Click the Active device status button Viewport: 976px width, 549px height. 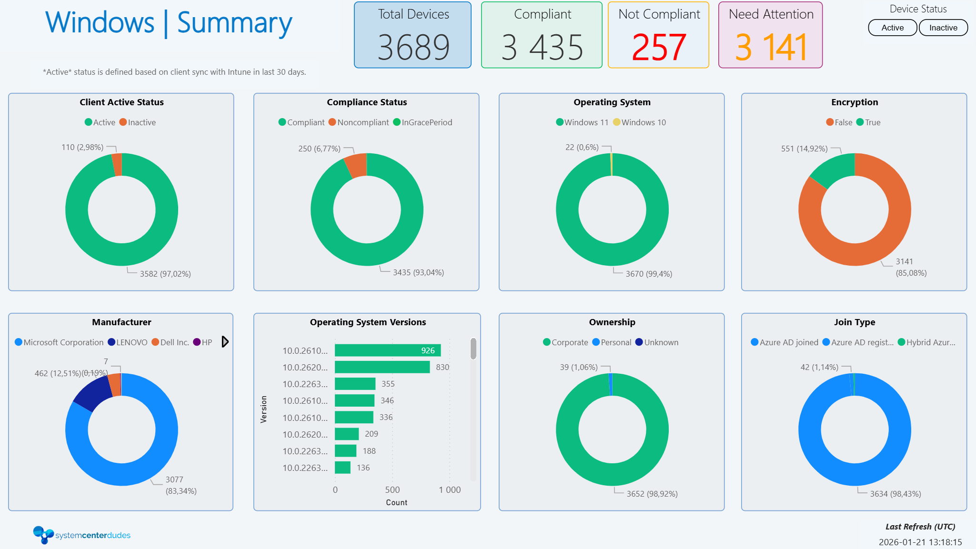892,28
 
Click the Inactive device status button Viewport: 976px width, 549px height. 943,28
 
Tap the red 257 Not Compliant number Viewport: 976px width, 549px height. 659,47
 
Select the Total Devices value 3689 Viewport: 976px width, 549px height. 413,47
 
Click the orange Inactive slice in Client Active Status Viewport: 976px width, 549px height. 117,165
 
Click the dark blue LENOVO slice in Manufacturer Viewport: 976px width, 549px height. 92,393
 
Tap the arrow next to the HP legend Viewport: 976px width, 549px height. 225,342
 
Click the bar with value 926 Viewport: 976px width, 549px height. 387,350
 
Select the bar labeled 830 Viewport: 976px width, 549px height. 382,367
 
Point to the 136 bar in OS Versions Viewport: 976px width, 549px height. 342,468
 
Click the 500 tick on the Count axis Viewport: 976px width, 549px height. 392,490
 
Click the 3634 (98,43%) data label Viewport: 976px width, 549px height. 895,494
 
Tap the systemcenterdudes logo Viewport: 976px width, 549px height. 81,535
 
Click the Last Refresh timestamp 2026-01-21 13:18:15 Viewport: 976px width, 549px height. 920,542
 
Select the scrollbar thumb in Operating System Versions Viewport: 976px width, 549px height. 473,349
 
